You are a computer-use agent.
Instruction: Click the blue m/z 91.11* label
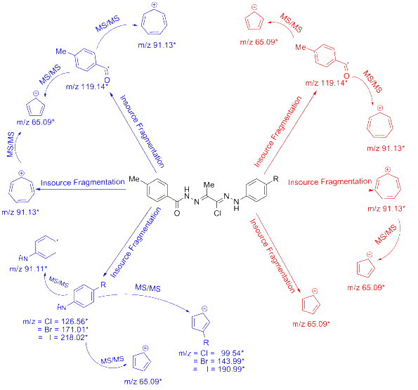pos(29,268)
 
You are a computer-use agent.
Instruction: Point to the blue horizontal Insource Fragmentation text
pos(82,181)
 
